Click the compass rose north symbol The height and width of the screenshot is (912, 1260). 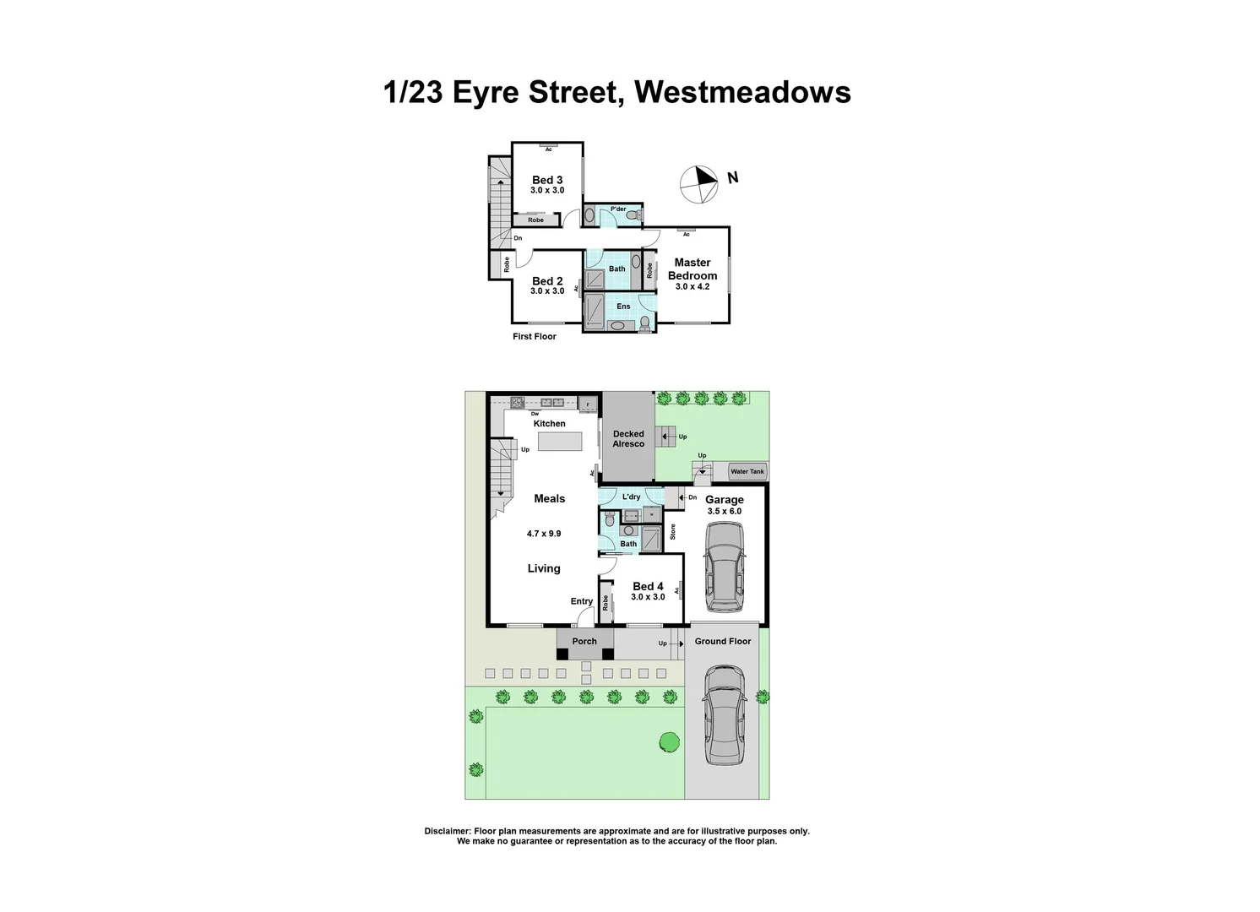point(699,185)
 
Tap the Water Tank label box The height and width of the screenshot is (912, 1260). point(747,471)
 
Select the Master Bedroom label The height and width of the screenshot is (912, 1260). point(692,269)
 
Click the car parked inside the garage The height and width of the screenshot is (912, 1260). point(725,567)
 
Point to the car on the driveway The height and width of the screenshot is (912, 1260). point(725,714)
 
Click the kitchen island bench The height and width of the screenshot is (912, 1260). point(560,441)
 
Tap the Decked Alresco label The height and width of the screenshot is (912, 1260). point(628,439)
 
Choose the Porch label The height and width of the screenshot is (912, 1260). point(584,642)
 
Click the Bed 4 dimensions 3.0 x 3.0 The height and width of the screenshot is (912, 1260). point(648,597)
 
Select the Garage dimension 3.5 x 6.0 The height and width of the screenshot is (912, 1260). point(725,512)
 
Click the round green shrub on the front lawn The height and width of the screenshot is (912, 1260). point(670,741)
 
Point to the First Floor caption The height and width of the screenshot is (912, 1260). point(535,336)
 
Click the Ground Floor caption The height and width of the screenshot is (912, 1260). point(723,642)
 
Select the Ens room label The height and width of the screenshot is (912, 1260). point(623,306)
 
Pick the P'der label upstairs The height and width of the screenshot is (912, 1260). point(618,209)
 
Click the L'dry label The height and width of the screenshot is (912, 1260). point(631,497)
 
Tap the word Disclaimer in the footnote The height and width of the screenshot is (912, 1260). point(448,831)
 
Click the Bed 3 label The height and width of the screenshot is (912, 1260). point(547,180)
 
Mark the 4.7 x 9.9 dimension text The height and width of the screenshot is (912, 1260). point(544,534)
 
